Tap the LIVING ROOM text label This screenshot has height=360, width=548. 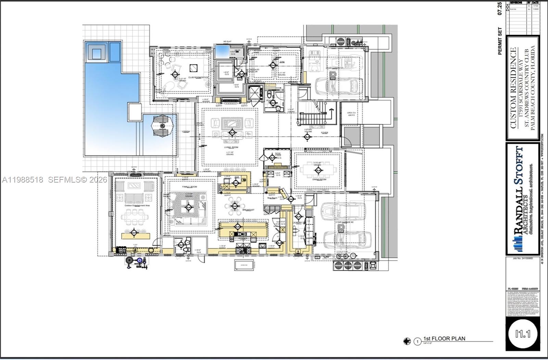click(231, 147)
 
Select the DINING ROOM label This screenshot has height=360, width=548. click(319, 179)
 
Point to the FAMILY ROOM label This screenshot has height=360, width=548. click(189, 187)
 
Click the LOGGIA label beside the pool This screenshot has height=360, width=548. click(186, 132)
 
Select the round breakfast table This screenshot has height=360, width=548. click(235, 206)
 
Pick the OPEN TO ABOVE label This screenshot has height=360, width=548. click(351, 114)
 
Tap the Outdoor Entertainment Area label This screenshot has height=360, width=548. click(137, 206)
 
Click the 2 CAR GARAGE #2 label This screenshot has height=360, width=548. click(344, 222)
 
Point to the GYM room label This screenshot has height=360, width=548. click(282, 62)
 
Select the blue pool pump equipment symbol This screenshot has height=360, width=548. click(139, 261)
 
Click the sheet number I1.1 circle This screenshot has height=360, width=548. click(523, 333)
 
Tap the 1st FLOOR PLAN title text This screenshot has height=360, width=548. click(444, 338)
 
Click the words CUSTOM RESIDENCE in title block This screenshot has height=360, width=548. click(513, 88)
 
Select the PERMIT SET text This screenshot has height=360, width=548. click(500, 41)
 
